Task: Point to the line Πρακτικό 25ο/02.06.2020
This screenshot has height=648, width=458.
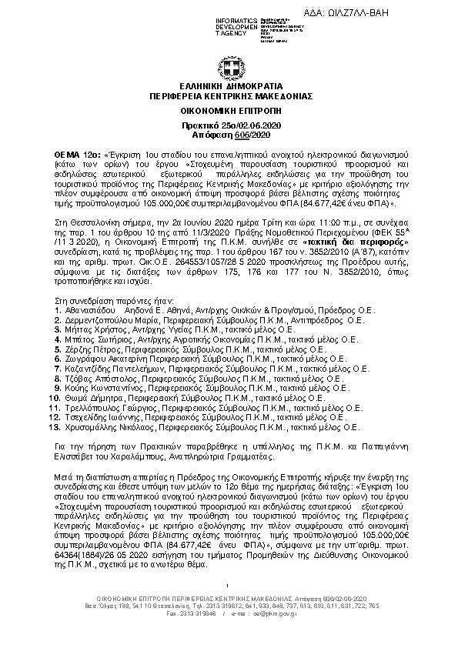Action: click(229, 125)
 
